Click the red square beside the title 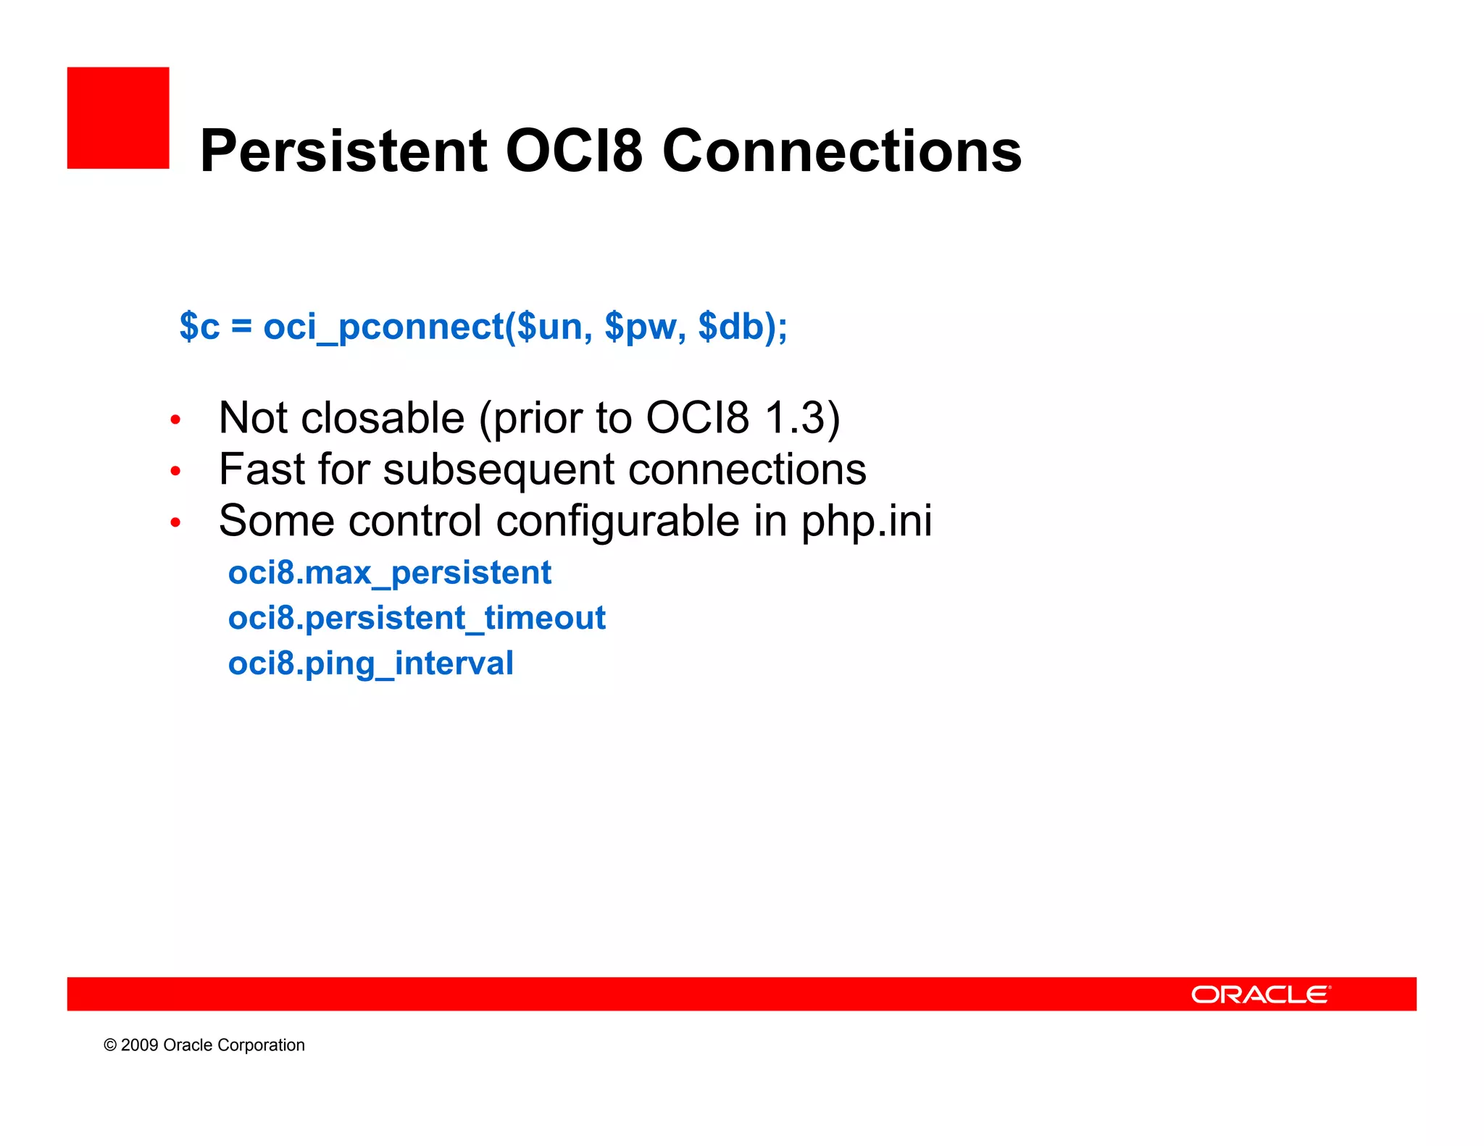[x=118, y=118]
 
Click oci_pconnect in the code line [x=383, y=326]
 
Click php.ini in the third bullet [x=866, y=521]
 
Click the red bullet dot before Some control [x=175, y=522]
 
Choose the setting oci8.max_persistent [x=389, y=573]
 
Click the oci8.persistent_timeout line [x=417, y=619]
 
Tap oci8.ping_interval [x=370, y=664]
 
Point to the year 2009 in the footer [x=139, y=1045]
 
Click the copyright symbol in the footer [x=110, y=1045]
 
